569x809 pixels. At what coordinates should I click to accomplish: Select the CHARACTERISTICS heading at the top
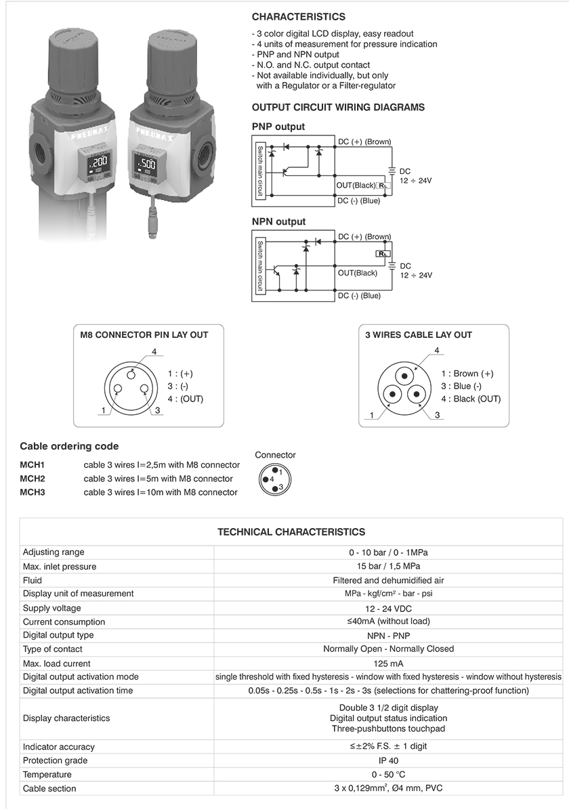pos(298,17)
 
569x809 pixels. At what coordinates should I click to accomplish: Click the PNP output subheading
pos(278,127)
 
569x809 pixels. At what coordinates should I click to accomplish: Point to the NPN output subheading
pos(278,221)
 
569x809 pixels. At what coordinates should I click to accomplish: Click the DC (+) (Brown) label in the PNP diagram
pos(364,142)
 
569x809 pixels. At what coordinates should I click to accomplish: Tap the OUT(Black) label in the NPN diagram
pos(357,273)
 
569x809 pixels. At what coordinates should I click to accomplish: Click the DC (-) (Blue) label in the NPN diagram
pos(359,296)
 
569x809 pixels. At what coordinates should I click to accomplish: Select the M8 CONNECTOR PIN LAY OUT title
pos(144,334)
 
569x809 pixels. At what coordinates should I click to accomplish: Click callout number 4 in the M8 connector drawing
pos(154,351)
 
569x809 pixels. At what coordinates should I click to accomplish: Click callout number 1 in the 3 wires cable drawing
pos(372,414)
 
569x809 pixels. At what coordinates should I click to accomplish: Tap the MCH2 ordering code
pos(33,479)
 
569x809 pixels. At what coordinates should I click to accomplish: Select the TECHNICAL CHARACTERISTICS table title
pos(291,532)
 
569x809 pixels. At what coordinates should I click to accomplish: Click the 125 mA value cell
pos(387,663)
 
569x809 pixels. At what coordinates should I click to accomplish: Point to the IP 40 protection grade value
pos(387,760)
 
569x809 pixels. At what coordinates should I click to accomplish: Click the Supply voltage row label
pos(51,608)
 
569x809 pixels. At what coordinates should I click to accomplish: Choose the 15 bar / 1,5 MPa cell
pos(387,567)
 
